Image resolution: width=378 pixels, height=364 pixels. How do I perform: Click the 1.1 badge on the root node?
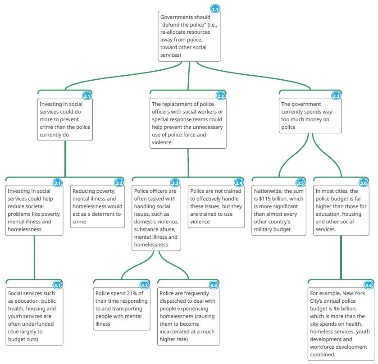216,9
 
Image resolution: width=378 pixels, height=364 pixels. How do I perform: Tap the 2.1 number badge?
87,96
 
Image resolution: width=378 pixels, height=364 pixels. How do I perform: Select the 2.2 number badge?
221,96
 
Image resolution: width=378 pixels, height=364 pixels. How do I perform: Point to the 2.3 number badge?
336,96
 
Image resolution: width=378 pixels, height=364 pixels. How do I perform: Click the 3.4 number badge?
239,183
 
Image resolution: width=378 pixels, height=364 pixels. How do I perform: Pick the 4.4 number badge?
369,285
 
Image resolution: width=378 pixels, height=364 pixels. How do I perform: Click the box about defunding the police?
189,36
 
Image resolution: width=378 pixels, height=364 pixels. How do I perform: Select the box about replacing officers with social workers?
188,123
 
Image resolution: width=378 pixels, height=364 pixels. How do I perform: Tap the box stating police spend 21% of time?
122,308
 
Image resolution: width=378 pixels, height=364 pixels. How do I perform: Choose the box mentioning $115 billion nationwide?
279,210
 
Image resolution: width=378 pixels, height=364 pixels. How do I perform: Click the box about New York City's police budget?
340,323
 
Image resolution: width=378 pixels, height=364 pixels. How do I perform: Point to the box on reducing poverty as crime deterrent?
97,206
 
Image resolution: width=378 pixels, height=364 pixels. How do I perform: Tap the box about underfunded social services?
34,315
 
